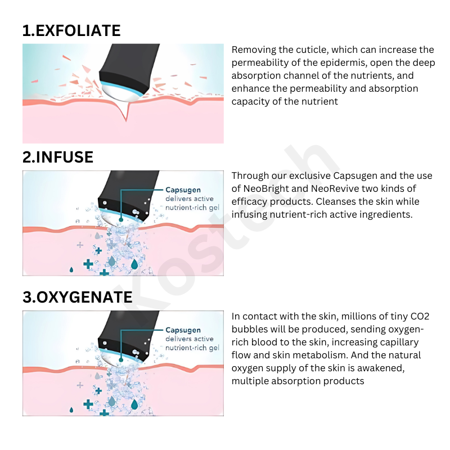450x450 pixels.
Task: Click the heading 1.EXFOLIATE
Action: pyautogui.click(x=71, y=30)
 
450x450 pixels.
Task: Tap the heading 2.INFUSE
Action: pyautogui.click(x=58, y=157)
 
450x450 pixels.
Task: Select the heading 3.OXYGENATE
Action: pyautogui.click(x=78, y=297)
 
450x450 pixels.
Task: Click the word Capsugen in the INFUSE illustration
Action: pyautogui.click(x=183, y=190)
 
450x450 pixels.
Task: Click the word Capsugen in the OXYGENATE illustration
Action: pyautogui.click(x=183, y=330)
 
